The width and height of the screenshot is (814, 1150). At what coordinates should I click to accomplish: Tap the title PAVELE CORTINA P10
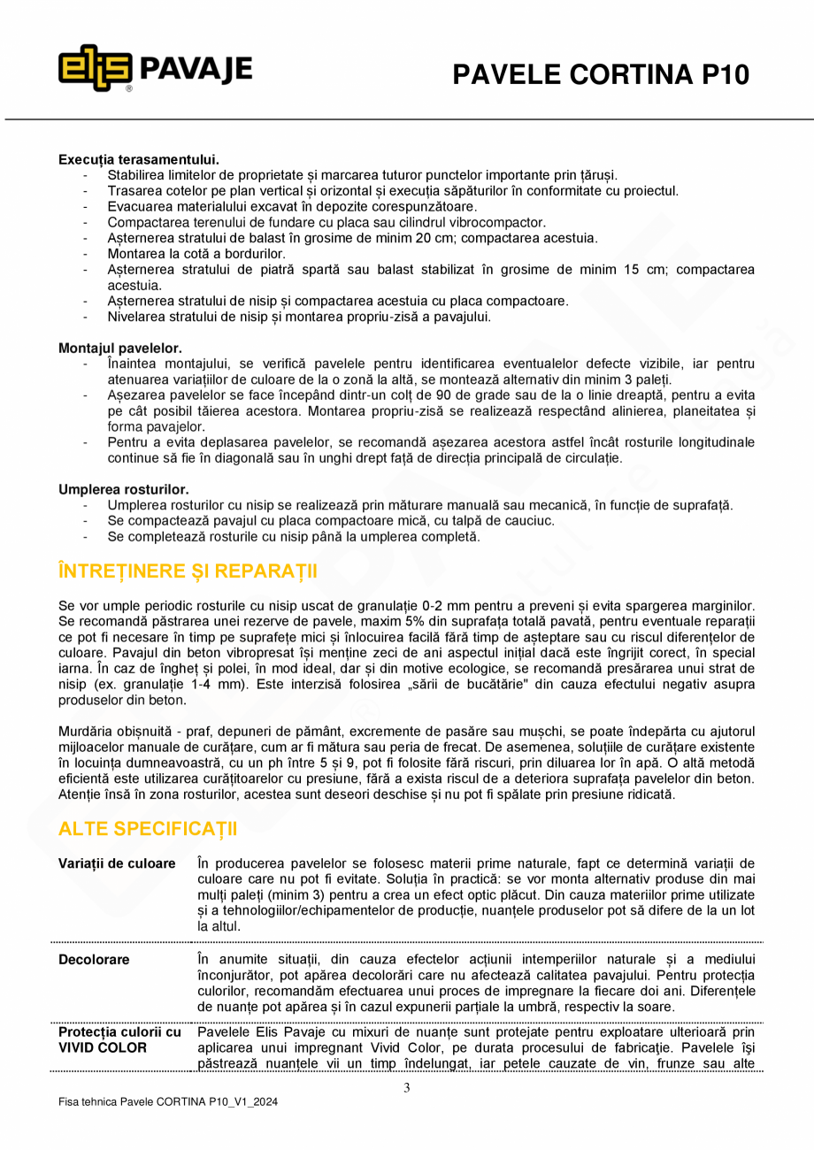click(x=601, y=75)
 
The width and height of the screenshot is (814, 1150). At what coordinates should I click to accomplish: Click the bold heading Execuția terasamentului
click(x=139, y=159)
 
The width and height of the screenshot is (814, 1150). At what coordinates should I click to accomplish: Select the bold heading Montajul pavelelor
click(x=120, y=349)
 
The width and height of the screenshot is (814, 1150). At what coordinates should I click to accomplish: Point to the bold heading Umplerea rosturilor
click(x=124, y=489)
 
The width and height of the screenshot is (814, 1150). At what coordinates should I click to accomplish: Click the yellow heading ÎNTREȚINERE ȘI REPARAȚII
click(x=188, y=571)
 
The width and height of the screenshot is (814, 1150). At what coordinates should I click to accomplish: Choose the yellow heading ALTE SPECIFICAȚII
click(x=148, y=829)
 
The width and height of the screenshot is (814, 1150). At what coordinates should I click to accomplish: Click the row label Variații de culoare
click(x=117, y=863)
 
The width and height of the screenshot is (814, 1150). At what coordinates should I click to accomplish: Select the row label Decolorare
click(x=94, y=959)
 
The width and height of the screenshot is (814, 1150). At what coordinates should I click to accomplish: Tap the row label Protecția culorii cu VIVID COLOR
click(x=119, y=1039)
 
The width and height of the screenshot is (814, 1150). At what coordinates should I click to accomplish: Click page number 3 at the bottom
click(x=407, y=1088)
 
